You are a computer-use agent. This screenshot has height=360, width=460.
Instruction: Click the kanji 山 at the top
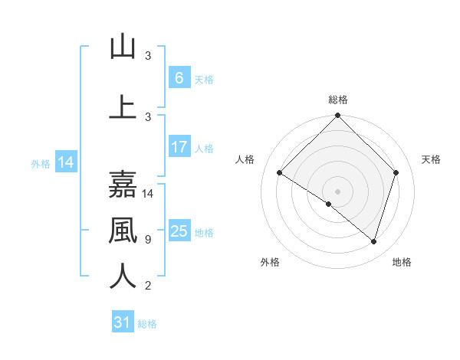[x=123, y=47]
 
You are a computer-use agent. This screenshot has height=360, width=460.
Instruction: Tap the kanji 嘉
[x=123, y=185]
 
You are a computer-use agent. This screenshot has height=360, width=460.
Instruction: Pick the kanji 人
[x=123, y=277]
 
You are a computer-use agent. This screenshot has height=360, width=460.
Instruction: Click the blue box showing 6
[x=179, y=78]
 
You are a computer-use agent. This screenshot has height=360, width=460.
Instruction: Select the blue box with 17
[x=179, y=147]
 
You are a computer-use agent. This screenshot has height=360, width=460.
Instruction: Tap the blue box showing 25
[x=179, y=231]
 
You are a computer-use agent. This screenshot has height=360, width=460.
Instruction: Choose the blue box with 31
[x=123, y=322]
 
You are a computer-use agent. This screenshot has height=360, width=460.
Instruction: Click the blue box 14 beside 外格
[x=65, y=162]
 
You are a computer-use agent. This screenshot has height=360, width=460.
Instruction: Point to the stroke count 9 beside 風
[x=147, y=240]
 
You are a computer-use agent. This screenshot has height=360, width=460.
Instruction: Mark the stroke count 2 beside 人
[x=147, y=286]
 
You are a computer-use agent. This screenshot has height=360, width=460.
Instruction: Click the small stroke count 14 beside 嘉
[x=149, y=194]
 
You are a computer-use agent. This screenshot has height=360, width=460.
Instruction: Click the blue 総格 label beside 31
[x=147, y=324]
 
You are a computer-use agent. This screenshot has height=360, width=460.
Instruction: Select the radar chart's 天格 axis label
[x=431, y=159]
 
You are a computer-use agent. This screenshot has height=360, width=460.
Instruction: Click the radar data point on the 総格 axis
[x=337, y=116]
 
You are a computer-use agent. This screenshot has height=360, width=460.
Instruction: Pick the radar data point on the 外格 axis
[x=329, y=205]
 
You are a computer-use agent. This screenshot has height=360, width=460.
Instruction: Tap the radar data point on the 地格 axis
[x=374, y=241]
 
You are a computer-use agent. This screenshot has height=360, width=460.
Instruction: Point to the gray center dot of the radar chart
[x=337, y=191]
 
